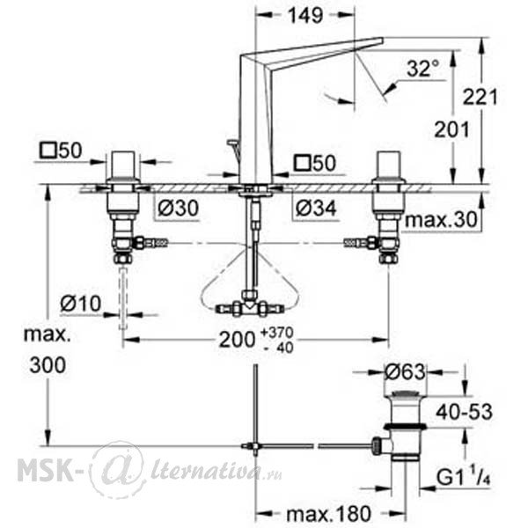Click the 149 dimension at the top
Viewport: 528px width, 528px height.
(x=305, y=15)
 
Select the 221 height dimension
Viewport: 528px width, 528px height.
(x=480, y=97)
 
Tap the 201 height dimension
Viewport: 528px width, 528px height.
(x=451, y=129)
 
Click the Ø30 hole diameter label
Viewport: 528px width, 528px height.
(x=178, y=208)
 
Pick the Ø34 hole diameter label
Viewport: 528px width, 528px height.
(x=316, y=208)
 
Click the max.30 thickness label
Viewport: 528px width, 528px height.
(x=442, y=220)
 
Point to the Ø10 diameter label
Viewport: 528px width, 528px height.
(x=80, y=304)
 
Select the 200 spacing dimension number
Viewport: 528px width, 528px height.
(x=237, y=339)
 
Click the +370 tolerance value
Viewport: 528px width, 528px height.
(x=277, y=333)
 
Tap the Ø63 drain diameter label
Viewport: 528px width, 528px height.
(x=405, y=372)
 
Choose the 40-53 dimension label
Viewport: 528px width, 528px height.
(x=464, y=412)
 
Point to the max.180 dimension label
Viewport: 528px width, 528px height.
(x=328, y=514)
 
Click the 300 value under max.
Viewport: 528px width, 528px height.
(x=48, y=365)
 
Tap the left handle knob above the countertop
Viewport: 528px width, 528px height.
(x=123, y=166)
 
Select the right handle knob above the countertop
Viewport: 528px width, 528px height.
(x=389, y=166)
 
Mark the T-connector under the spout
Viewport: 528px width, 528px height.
(x=250, y=304)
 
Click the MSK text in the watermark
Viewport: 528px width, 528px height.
(x=45, y=470)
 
